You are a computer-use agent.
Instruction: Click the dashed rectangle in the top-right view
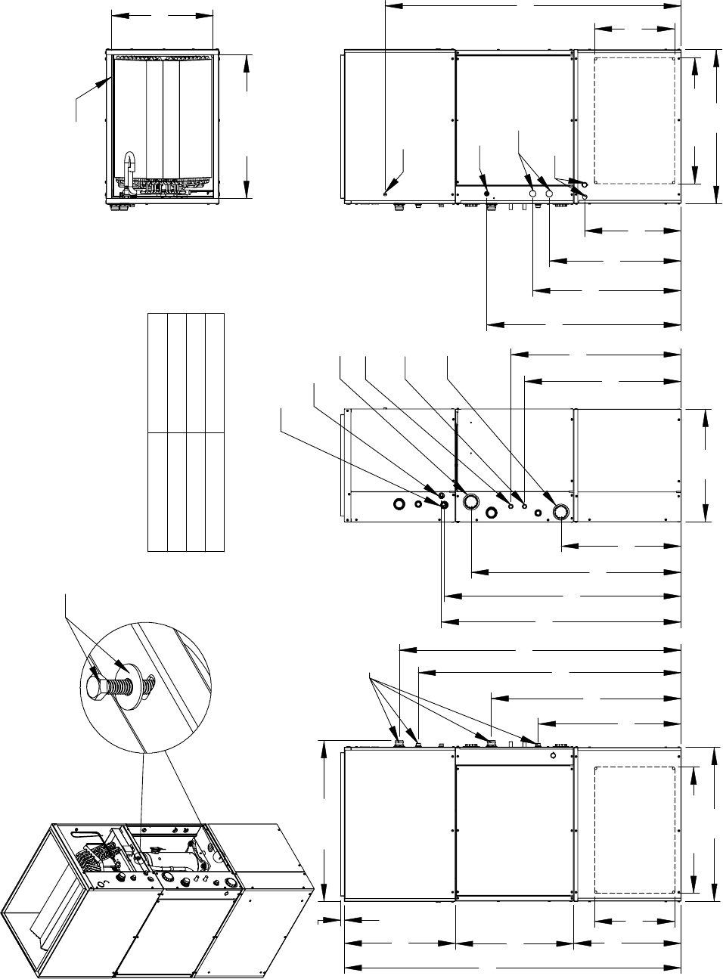click(635, 119)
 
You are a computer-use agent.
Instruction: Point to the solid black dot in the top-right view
click(486, 194)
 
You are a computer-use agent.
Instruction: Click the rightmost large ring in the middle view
click(561, 512)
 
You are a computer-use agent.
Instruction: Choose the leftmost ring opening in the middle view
click(399, 503)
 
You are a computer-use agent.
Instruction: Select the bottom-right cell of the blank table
click(215, 492)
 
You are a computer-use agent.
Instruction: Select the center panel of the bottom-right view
click(514, 829)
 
